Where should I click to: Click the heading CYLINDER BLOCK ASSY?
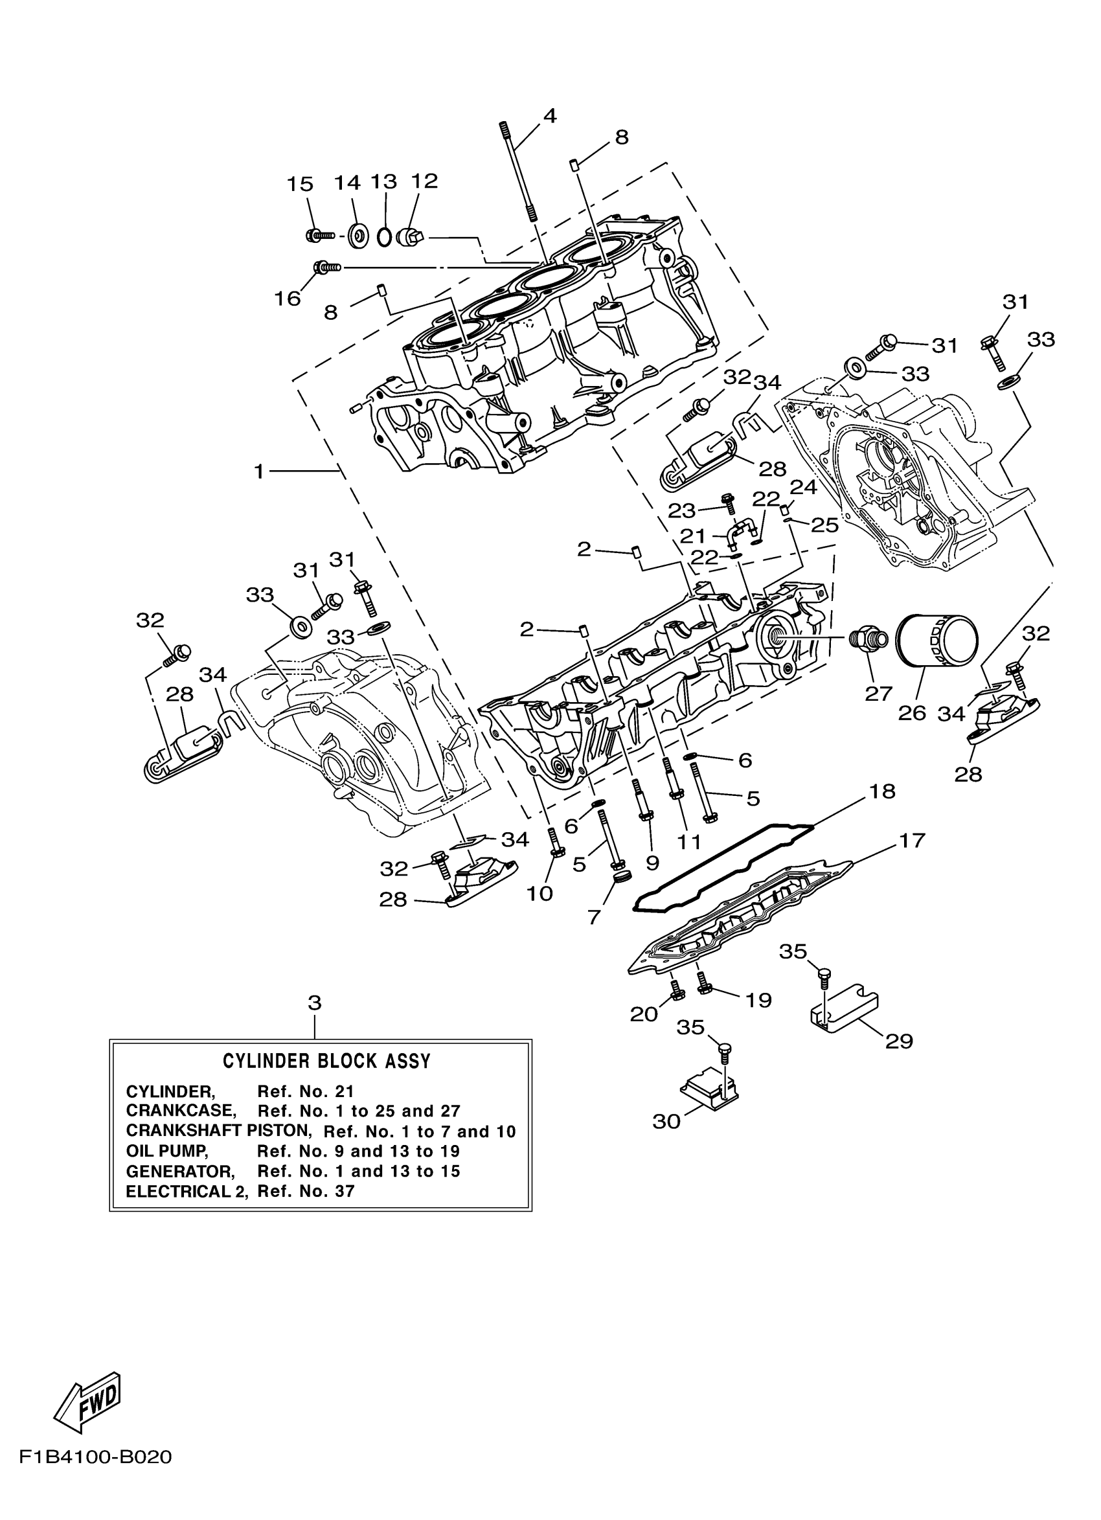click(326, 1061)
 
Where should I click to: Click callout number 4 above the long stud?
click(549, 116)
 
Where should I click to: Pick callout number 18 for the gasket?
click(883, 791)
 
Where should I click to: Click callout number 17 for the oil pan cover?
click(911, 840)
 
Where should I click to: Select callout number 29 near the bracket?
click(900, 1041)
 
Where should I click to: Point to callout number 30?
click(666, 1121)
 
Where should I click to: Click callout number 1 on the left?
click(259, 472)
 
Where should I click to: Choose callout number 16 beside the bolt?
click(288, 299)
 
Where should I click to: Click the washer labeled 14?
click(358, 235)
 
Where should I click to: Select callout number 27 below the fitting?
click(878, 693)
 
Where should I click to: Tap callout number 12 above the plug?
click(424, 180)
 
